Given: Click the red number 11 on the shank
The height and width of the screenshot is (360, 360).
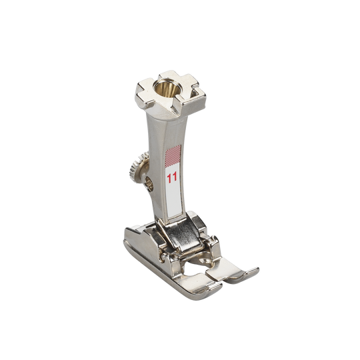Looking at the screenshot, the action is pos(172,178).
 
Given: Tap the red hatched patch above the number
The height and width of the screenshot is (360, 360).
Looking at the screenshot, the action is pos(173,155).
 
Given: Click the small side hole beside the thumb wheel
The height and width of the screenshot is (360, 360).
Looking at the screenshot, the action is pos(149,184).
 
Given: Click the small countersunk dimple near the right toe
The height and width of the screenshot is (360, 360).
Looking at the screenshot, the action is pos(203,261).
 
